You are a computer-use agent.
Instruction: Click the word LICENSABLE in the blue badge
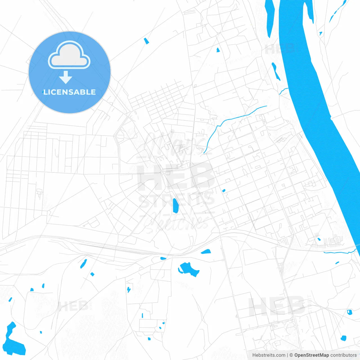point(69,92)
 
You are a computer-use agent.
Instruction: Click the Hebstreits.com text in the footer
point(269,355)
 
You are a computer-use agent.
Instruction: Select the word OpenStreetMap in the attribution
point(311,355)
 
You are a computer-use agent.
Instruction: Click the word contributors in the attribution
point(343,355)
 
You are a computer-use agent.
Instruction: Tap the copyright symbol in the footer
point(291,355)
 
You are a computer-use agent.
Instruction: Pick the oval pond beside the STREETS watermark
point(175,206)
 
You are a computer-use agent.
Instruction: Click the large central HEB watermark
point(175,177)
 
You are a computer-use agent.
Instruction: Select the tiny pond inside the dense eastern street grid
point(224,191)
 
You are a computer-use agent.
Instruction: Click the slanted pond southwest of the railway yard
point(84,264)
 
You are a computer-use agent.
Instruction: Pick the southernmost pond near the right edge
point(343,338)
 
